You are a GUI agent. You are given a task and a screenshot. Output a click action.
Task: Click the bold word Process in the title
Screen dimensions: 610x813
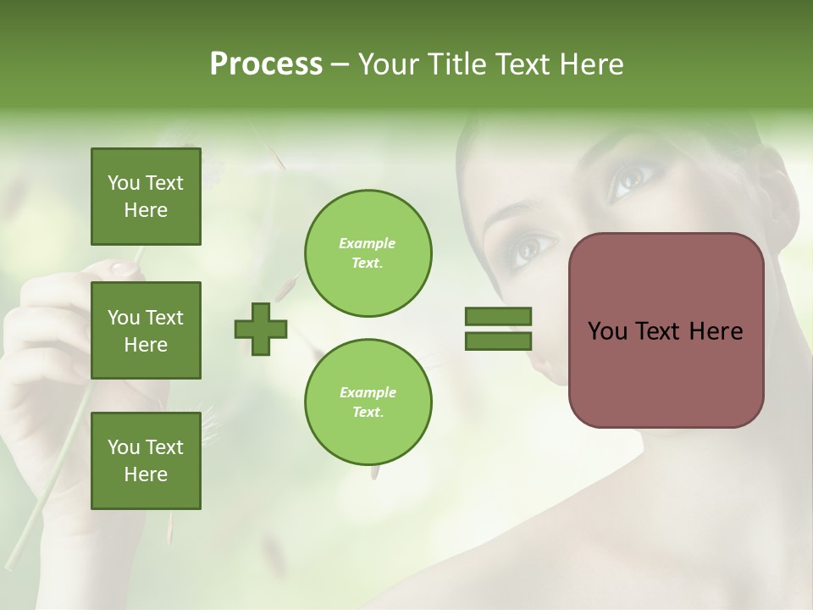pyautogui.click(x=266, y=64)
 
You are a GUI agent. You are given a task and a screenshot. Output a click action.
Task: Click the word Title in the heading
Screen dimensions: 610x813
pyautogui.click(x=454, y=64)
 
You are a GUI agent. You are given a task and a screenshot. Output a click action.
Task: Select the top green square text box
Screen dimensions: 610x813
pyautogui.click(x=146, y=197)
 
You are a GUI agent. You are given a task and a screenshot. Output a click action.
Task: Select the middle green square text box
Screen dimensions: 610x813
pyautogui.click(x=146, y=330)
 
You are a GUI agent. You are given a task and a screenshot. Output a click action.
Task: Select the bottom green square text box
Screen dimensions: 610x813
pyautogui.click(x=146, y=460)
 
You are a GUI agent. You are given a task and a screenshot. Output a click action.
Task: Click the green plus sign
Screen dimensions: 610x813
pyautogui.click(x=261, y=329)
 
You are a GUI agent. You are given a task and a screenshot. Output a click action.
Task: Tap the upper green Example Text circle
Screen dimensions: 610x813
pyautogui.click(x=368, y=253)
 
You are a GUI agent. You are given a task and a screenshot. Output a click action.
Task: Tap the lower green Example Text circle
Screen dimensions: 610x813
pyautogui.click(x=368, y=402)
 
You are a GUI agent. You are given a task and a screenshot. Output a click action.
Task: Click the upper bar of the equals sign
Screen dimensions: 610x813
pyautogui.click(x=498, y=317)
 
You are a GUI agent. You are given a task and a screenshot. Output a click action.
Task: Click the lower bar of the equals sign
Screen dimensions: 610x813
pyautogui.click(x=498, y=341)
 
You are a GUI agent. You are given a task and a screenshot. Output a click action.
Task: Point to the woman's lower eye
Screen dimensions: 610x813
pyautogui.click(x=532, y=247)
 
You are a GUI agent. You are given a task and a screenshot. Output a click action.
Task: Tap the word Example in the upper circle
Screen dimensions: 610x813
pyautogui.click(x=367, y=243)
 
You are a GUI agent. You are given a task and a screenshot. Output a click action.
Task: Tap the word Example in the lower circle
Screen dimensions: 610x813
pyautogui.click(x=368, y=392)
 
